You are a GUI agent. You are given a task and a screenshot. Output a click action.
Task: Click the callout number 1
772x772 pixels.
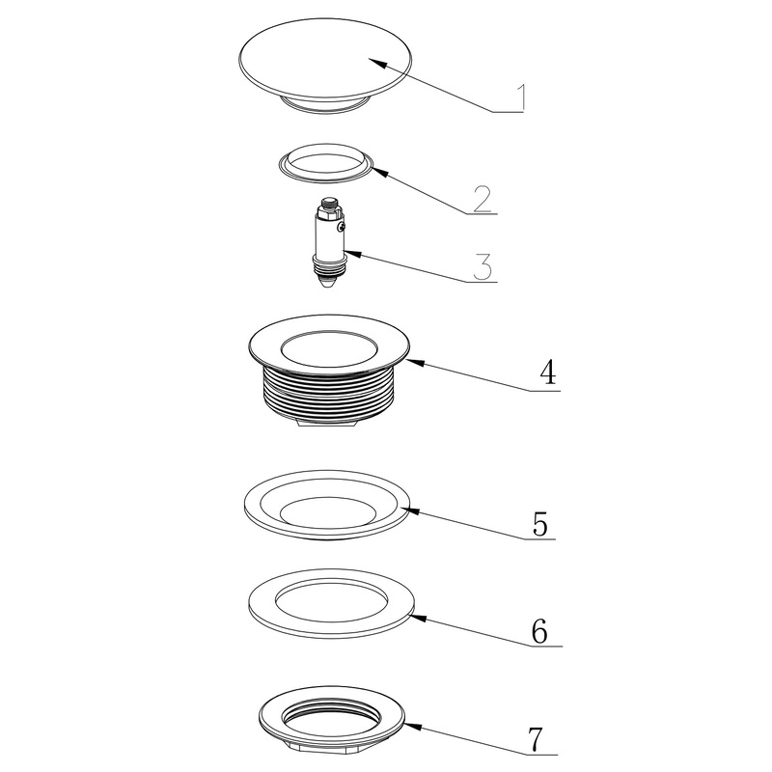pos(521,97)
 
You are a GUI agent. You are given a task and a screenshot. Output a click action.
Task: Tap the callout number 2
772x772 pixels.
pos(482,199)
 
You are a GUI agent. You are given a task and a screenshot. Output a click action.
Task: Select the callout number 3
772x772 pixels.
pos(482,266)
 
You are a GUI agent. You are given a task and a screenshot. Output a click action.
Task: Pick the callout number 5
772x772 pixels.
pos(540,523)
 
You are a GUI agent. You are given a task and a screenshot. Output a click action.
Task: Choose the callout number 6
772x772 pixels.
pos(539,630)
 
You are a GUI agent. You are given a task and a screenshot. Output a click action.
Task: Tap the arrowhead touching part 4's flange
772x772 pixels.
pos(414,363)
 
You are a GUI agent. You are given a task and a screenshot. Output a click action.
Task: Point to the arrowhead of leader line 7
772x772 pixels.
pos(413,727)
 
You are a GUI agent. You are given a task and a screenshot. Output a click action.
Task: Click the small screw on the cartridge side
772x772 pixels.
pos(341,227)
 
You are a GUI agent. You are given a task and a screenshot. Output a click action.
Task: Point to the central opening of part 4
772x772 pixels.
pos(329,349)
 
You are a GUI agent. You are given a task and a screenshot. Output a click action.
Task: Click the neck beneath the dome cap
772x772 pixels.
pos(325,104)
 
